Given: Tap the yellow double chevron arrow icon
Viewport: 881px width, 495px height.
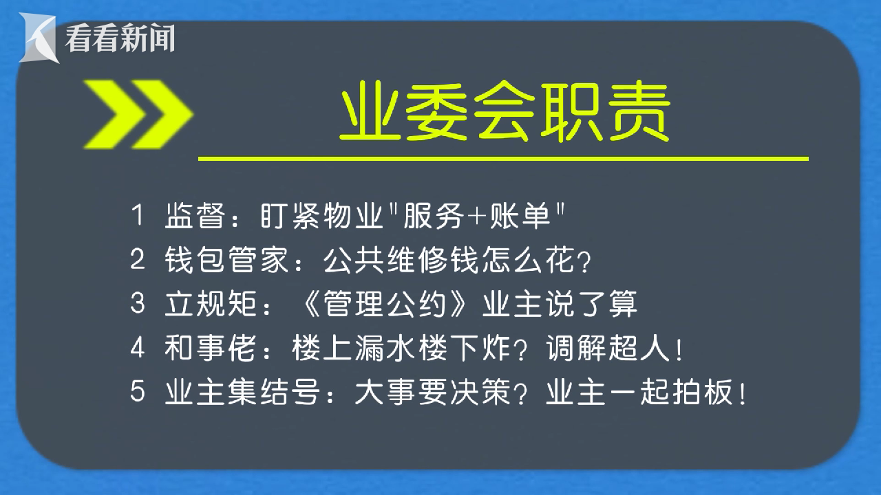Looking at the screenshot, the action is (138, 114).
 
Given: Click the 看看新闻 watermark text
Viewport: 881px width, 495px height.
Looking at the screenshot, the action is (120, 38).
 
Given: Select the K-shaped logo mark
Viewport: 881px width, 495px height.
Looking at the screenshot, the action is (39, 38).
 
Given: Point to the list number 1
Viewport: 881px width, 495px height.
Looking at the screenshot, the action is (138, 215).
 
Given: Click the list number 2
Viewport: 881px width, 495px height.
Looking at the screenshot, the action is (138, 259).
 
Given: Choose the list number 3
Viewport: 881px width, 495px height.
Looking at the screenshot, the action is (138, 303).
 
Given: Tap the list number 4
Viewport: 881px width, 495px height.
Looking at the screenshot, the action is (138, 348).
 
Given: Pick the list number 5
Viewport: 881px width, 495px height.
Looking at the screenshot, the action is (138, 391).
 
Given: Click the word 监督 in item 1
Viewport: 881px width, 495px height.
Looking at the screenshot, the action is (195, 215).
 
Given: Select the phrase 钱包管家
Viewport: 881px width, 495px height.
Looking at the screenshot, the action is (226, 259).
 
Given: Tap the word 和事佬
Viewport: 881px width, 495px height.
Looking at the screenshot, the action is (211, 348).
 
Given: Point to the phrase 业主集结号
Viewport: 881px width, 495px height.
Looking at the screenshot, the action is (242, 392).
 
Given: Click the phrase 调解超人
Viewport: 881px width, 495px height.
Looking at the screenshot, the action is (608, 348).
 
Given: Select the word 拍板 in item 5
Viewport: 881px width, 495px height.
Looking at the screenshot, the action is (703, 392).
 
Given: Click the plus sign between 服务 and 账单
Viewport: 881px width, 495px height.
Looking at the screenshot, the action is (476, 217).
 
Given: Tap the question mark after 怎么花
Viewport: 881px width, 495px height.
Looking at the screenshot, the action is (585, 261).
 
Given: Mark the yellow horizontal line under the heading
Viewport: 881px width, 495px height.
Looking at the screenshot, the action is (503, 159).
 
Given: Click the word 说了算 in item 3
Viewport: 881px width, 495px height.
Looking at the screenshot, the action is (591, 304).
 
